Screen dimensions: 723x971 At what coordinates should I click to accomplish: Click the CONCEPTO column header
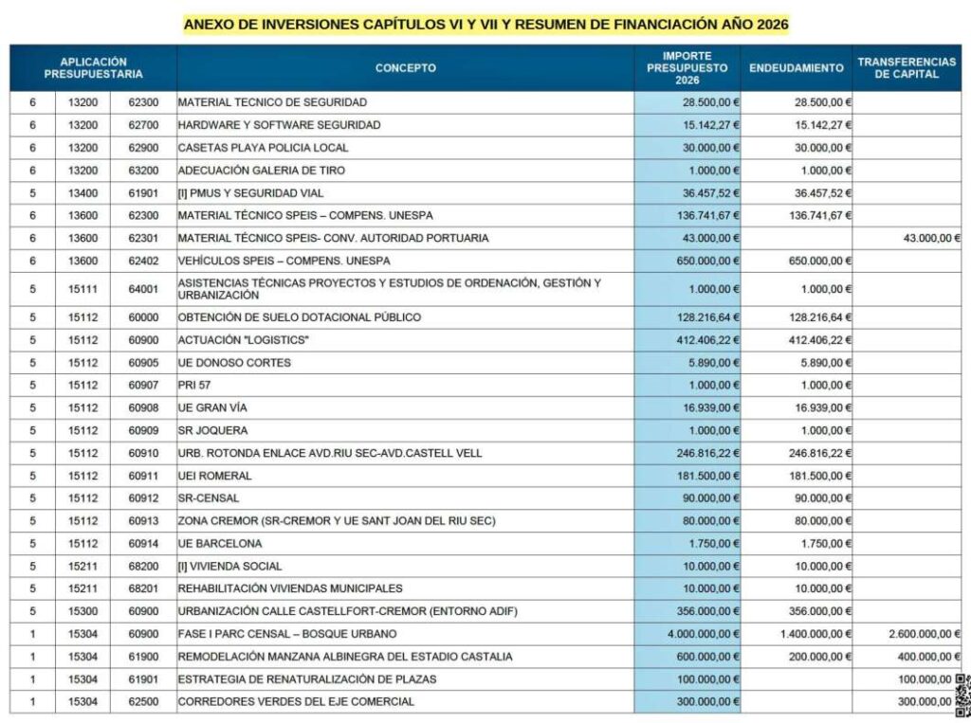[x=405, y=68]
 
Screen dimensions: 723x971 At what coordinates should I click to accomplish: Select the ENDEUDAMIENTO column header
[x=796, y=68]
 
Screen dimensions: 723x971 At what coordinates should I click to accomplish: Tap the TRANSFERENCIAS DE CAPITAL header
[x=907, y=68]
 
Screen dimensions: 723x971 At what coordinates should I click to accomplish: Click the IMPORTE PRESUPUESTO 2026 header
[x=687, y=68]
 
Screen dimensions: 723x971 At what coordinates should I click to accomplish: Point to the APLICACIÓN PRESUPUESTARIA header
[x=93, y=68]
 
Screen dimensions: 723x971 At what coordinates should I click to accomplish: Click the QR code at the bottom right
[x=962, y=696]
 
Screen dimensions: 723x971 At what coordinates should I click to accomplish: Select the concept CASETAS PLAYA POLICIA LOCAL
[x=263, y=148]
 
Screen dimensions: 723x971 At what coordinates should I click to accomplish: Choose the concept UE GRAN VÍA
[x=211, y=407]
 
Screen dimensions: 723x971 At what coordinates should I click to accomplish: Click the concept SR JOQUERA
[x=211, y=430]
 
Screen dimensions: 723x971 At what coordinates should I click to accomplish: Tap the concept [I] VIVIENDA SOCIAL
[x=229, y=566]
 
